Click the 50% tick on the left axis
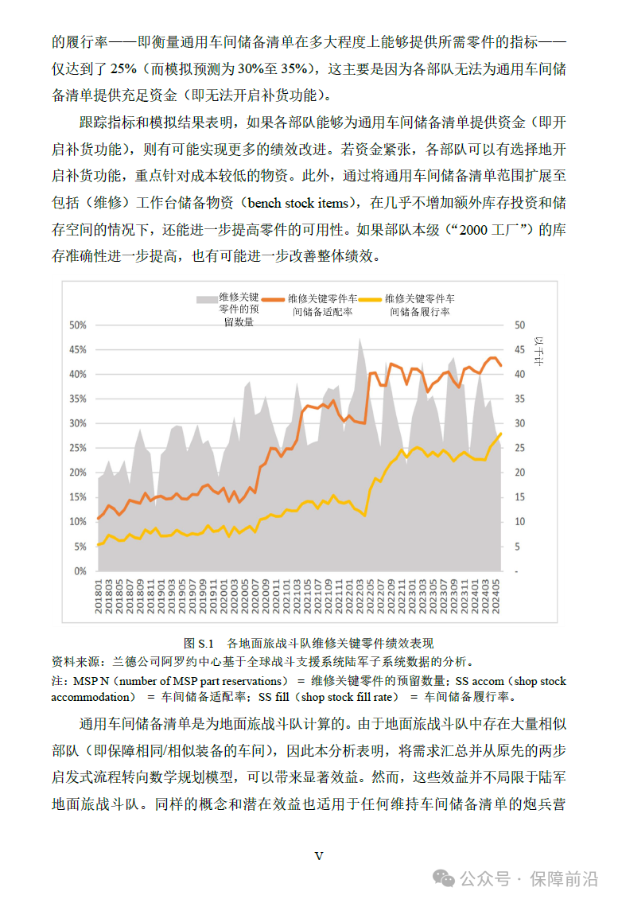[x=76, y=325]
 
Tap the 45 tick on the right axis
[x=520, y=349]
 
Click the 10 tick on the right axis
[x=520, y=522]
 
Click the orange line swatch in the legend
[x=273, y=299]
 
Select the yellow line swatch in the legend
[x=370, y=299]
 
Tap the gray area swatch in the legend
[x=207, y=299]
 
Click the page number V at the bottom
[x=319, y=856]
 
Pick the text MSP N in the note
[x=90, y=681]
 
